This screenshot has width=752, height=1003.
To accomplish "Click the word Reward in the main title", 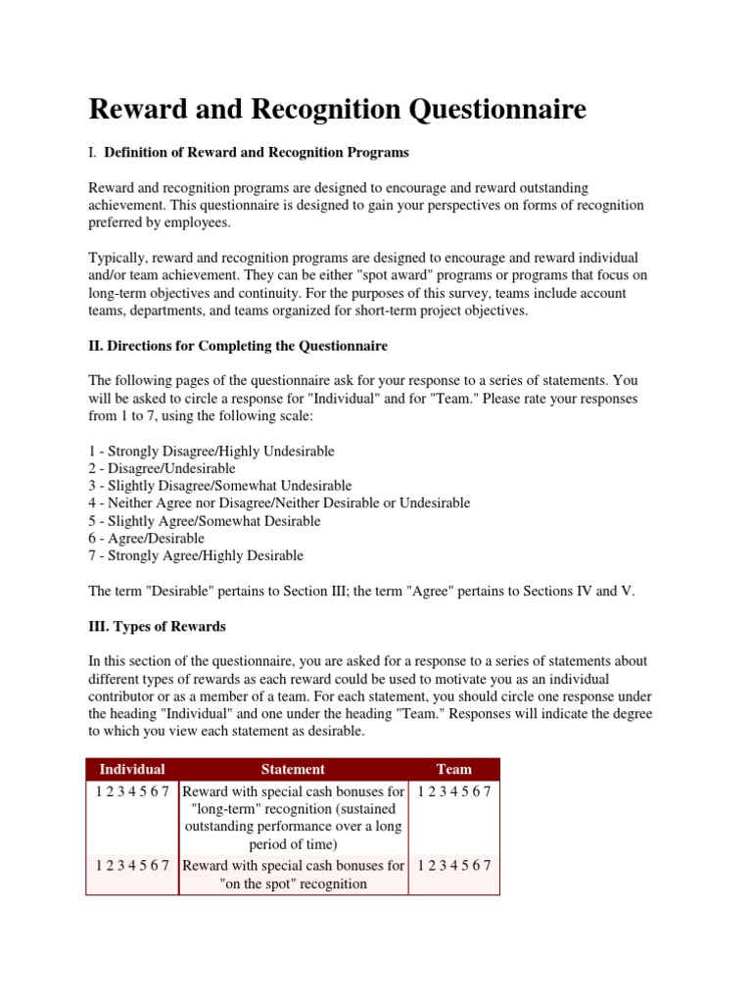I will [x=140, y=109].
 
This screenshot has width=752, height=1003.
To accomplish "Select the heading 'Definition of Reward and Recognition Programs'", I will [x=257, y=152].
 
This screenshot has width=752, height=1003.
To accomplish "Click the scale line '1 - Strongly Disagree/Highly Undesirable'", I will [x=211, y=451].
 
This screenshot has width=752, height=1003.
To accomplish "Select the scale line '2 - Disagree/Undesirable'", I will [x=162, y=468].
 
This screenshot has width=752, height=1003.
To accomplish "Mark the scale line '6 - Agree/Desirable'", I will [x=147, y=539].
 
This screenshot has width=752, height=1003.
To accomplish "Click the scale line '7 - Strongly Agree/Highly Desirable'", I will [x=196, y=555].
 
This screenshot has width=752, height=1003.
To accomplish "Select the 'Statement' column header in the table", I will [x=294, y=769].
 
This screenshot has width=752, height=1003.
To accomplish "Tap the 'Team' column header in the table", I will [x=453, y=769].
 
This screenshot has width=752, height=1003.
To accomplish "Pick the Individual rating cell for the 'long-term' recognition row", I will [x=133, y=790].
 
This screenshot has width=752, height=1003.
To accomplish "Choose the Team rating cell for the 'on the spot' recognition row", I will [x=453, y=866].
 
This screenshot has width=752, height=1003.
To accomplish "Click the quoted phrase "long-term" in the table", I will [x=226, y=808].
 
